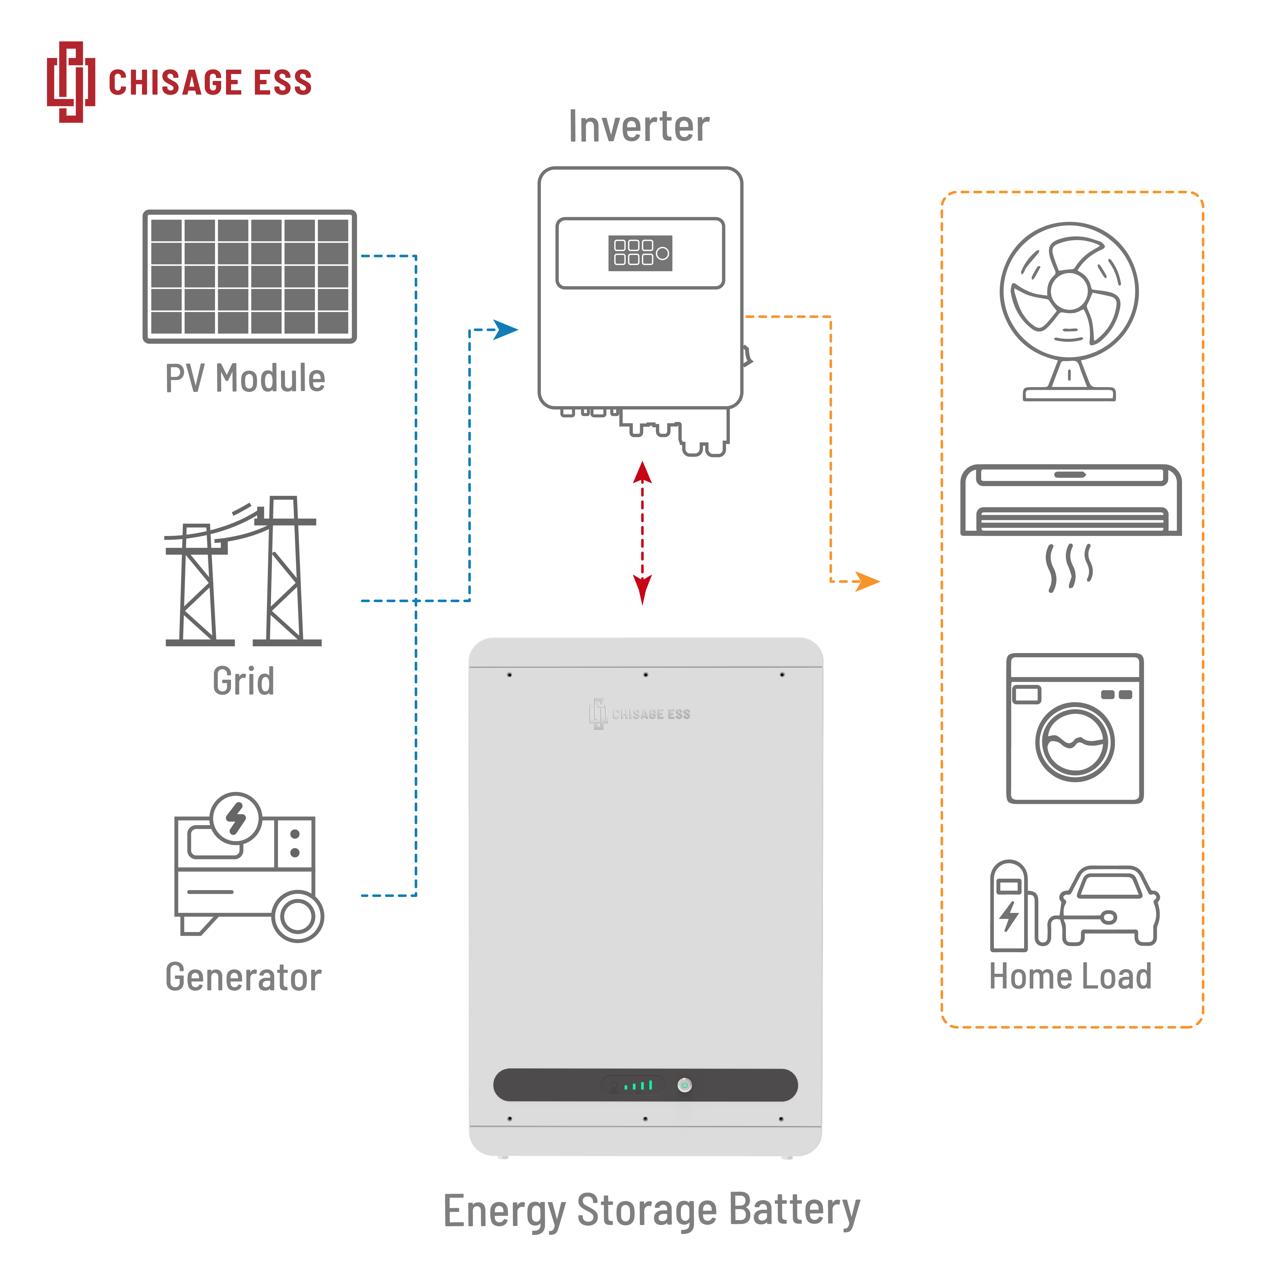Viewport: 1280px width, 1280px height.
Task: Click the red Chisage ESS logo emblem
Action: pos(70,82)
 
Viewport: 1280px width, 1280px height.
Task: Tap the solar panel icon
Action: pos(250,276)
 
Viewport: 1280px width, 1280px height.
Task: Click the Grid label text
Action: pos(243,681)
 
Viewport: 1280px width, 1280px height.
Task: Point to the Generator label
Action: pos(243,977)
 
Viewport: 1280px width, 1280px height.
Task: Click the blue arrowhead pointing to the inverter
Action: pos(507,329)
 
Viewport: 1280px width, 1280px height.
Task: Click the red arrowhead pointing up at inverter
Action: pos(642,473)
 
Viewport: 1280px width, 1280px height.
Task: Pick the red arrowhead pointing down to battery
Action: pos(642,588)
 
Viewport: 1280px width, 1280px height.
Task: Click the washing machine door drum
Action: pos(1074,742)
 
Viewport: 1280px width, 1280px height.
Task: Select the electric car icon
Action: pos(1110,904)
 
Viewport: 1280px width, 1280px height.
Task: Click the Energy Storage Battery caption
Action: pos(651,1210)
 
